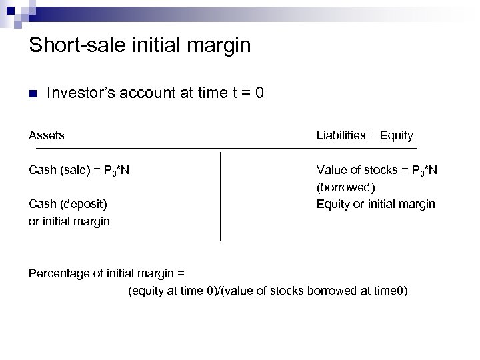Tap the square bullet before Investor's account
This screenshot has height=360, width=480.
pos(32,93)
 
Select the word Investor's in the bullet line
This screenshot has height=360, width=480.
pos(79,93)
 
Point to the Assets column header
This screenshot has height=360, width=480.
pos(46,135)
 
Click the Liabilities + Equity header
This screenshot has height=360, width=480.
pos(365,135)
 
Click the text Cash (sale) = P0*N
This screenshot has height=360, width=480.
pos(79,170)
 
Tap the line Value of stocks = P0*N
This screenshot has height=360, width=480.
pos(377,170)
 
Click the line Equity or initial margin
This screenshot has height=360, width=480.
pos(375,204)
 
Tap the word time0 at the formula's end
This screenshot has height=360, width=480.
pos(389,291)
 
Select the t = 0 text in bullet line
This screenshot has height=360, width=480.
pos(247,93)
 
